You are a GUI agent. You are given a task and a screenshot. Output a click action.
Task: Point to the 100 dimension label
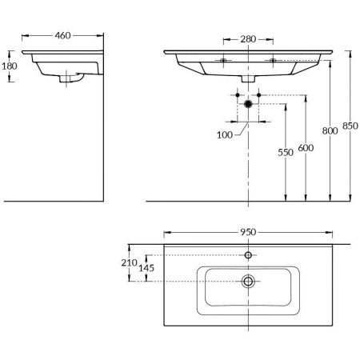point(226,134)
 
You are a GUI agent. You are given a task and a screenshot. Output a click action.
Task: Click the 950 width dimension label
point(248,231)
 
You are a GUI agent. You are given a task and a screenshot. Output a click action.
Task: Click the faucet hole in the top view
point(248,254)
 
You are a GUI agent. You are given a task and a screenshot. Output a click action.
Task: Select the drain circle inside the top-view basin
point(248,281)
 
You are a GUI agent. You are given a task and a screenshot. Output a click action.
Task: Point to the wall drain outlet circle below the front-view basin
point(248,104)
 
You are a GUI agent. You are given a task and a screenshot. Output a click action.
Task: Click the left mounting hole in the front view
point(224,60)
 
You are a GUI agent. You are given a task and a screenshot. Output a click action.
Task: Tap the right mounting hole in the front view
point(272,60)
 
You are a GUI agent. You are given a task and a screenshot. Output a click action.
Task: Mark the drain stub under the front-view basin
point(248,80)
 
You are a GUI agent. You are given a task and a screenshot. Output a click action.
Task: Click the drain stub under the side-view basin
point(66,79)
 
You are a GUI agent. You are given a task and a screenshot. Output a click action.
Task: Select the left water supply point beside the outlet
point(238,97)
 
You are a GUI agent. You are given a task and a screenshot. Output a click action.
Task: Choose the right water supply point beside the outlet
point(259,97)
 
